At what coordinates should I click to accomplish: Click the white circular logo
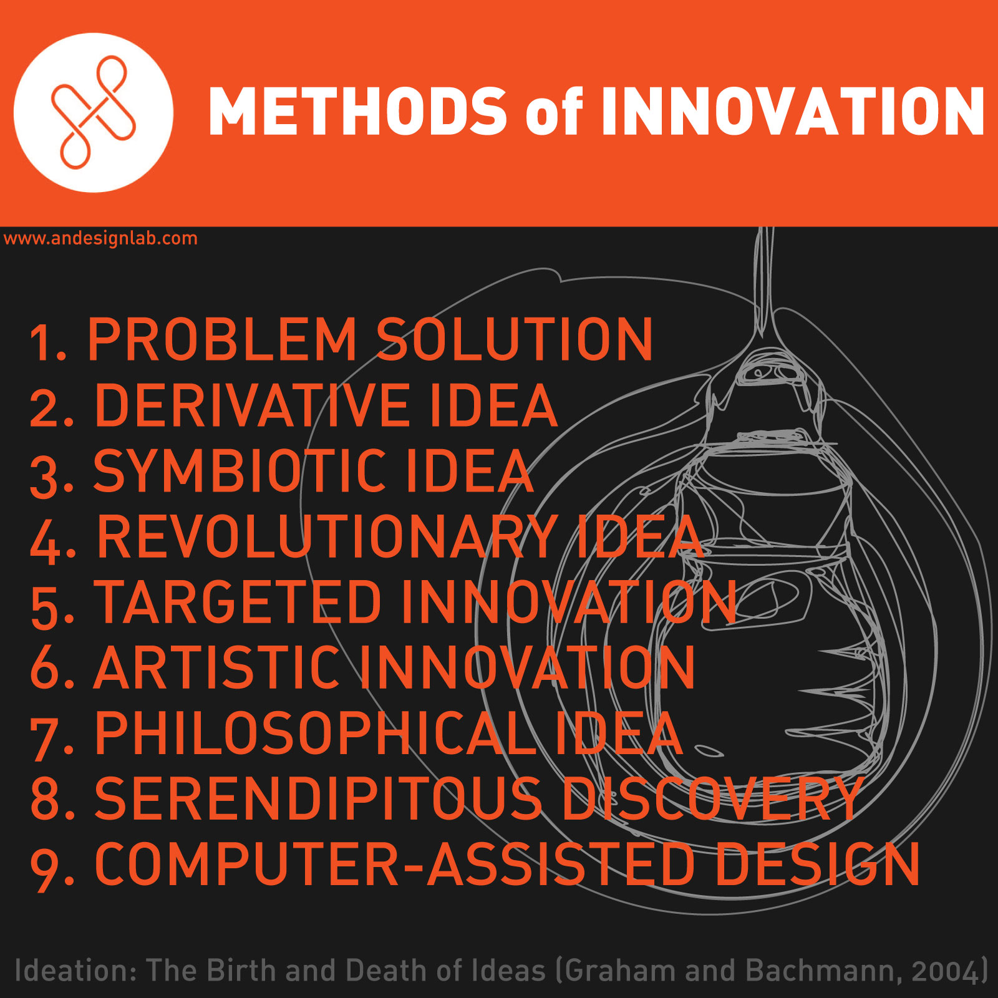click(x=94, y=112)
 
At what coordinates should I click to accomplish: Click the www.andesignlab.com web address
click(x=100, y=238)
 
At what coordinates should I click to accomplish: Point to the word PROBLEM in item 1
click(x=222, y=339)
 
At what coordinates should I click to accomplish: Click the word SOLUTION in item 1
click(x=515, y=339)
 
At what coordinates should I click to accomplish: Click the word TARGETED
click(x=238, y=602)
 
